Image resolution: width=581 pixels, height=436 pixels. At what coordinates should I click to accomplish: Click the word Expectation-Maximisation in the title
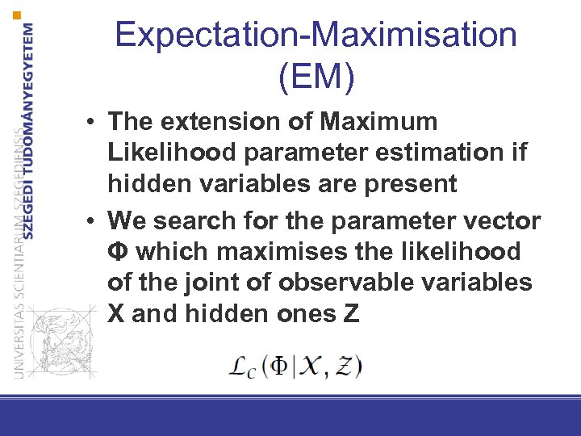[316, 36]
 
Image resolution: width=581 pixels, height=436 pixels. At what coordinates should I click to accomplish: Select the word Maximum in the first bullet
[378, 122]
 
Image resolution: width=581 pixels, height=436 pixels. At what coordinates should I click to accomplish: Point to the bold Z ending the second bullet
[351, 313]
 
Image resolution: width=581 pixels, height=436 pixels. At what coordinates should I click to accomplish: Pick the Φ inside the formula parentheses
[278, 366]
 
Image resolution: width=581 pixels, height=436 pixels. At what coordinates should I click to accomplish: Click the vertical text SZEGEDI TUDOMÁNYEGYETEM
[30, 129]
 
